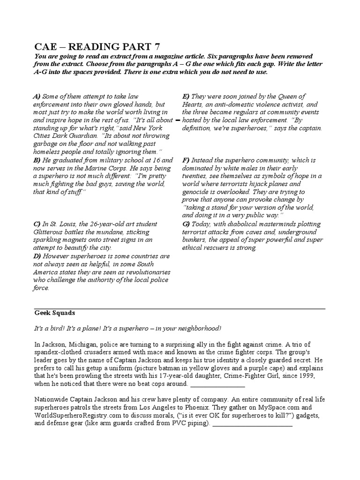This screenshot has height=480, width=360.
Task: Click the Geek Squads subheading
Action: [55, 313]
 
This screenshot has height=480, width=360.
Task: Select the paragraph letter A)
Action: [37, 97]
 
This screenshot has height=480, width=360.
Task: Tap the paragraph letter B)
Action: [37, 160]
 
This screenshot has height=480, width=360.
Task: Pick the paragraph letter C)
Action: [37, 224]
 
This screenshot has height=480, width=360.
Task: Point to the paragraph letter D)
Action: [37, 256]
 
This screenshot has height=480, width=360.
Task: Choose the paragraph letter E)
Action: [186, 97]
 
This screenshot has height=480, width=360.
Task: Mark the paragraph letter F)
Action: [186, 160]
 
